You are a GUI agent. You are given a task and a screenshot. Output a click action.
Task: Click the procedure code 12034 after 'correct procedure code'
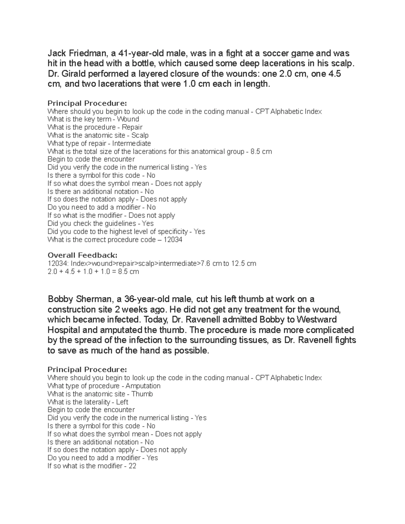[173, 240]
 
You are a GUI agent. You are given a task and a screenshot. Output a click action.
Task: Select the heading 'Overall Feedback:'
[82, 255]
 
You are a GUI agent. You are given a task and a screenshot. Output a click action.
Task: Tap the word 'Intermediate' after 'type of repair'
[132, 143]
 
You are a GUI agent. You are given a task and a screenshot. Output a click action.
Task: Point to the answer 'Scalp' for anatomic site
[140, 135]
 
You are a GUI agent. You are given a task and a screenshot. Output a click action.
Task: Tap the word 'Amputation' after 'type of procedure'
[143, 386]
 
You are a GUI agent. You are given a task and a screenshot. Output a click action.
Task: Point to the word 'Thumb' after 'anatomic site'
[142, 394]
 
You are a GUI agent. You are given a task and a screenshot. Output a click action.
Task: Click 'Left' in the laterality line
[122, 402]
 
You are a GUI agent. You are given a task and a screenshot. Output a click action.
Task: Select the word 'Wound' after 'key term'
[128, 119]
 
